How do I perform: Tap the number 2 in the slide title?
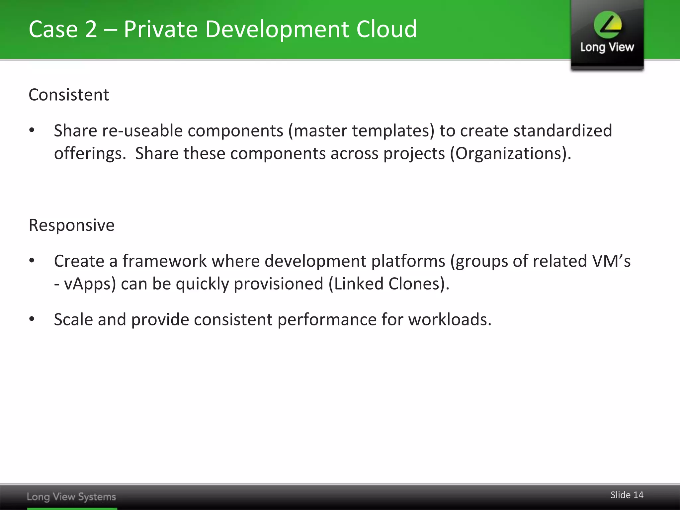click(91, 29)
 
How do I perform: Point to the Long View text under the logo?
click(607, 47)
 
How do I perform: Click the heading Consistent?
click(69, 95)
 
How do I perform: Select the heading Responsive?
click(71, 225)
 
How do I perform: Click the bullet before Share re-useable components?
click(32, 130)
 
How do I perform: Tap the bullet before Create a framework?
click(32, 261)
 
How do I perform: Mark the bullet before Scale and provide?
click(32, 319)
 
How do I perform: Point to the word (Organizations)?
click(510, 153)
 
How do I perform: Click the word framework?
click(165, 261)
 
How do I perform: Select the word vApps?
click(90, 284)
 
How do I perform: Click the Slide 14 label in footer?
click(627, 495)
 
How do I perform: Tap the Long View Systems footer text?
click(71, 497)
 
